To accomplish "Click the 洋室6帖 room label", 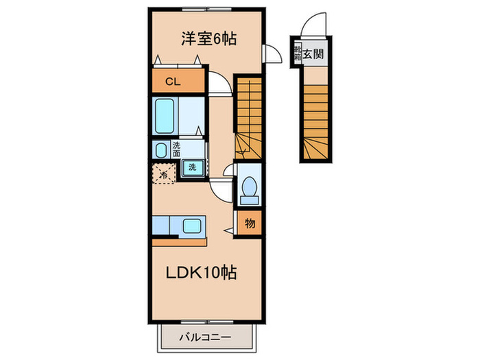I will tap(208, 39).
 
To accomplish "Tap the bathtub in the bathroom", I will tap(166, 117).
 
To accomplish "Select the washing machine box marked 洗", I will tap(193, 169).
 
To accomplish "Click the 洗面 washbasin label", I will tap(176, 149).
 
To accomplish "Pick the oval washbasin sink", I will tap(160, 150).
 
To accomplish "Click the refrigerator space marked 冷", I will tap(163, 173).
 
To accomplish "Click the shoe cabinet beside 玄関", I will tap(298, 53).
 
